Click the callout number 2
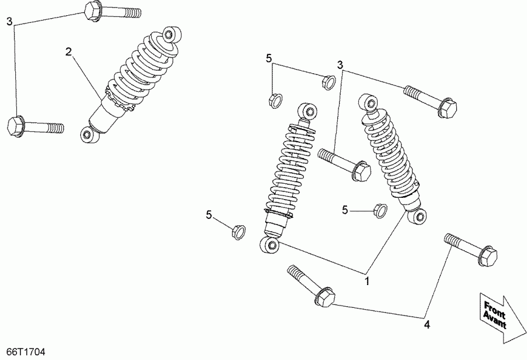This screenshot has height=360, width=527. point(69,52)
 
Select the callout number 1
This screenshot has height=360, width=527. point(368,282)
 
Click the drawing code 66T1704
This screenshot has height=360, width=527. point(23,352)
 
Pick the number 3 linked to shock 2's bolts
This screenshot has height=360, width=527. point(9,22)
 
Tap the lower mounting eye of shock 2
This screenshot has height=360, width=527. point(87,135)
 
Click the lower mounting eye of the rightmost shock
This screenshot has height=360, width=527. point(418,217)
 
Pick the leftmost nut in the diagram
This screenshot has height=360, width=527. point(237,231)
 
